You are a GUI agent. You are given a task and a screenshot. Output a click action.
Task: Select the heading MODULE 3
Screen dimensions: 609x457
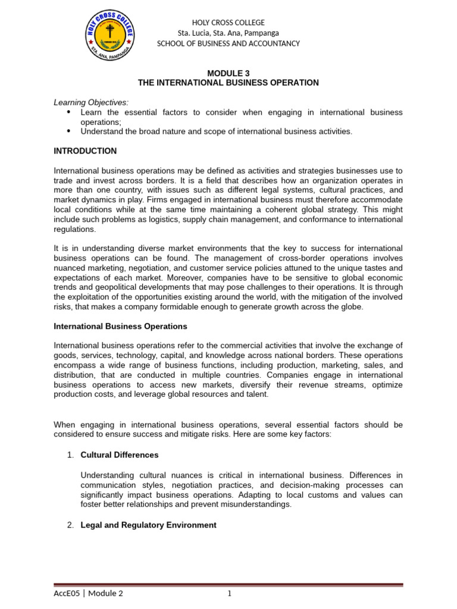(228, 73)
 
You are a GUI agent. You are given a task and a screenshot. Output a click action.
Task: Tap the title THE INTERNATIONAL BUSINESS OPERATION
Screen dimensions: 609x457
(228, 83)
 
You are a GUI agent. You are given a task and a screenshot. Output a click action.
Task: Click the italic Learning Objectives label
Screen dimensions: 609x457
(90, 102)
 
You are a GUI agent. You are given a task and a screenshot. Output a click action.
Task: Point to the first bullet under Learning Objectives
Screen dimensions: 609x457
(68, 112)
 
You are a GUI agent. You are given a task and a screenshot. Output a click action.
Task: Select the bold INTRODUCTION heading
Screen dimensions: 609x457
(85, 151)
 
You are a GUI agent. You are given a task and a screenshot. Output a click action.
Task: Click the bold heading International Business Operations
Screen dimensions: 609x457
(120, 327)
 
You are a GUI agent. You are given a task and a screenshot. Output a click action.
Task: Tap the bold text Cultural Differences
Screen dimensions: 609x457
(119, 455)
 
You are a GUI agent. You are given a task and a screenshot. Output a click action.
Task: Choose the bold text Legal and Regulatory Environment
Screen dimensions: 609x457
(148, 525)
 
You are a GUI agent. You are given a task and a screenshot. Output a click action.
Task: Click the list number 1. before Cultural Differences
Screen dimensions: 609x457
(70, 455)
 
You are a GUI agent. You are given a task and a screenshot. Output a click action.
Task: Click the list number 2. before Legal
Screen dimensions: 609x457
(70, 525)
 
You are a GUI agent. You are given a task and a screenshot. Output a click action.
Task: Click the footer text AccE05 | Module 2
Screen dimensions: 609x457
(88, 593)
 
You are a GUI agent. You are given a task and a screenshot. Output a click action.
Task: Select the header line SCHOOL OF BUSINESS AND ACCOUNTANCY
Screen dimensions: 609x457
(228, 43)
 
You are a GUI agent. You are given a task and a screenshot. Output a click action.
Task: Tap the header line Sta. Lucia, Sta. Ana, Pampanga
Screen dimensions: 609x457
(228, 33)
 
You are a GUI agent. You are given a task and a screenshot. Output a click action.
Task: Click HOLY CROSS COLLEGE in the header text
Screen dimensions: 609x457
(228, 22)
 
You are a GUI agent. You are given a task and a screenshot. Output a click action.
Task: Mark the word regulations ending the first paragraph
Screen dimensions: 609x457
(74, 229)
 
